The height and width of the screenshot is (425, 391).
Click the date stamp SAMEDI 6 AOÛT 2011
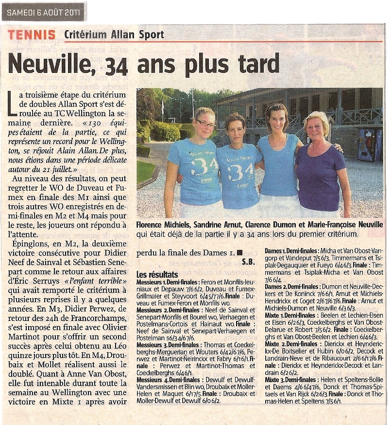tap(44, 12)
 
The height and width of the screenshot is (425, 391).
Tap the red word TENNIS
tap(32, 35)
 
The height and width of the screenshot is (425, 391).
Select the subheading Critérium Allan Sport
tap(114, 35)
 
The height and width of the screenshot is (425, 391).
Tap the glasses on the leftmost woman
tap(205, 124)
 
